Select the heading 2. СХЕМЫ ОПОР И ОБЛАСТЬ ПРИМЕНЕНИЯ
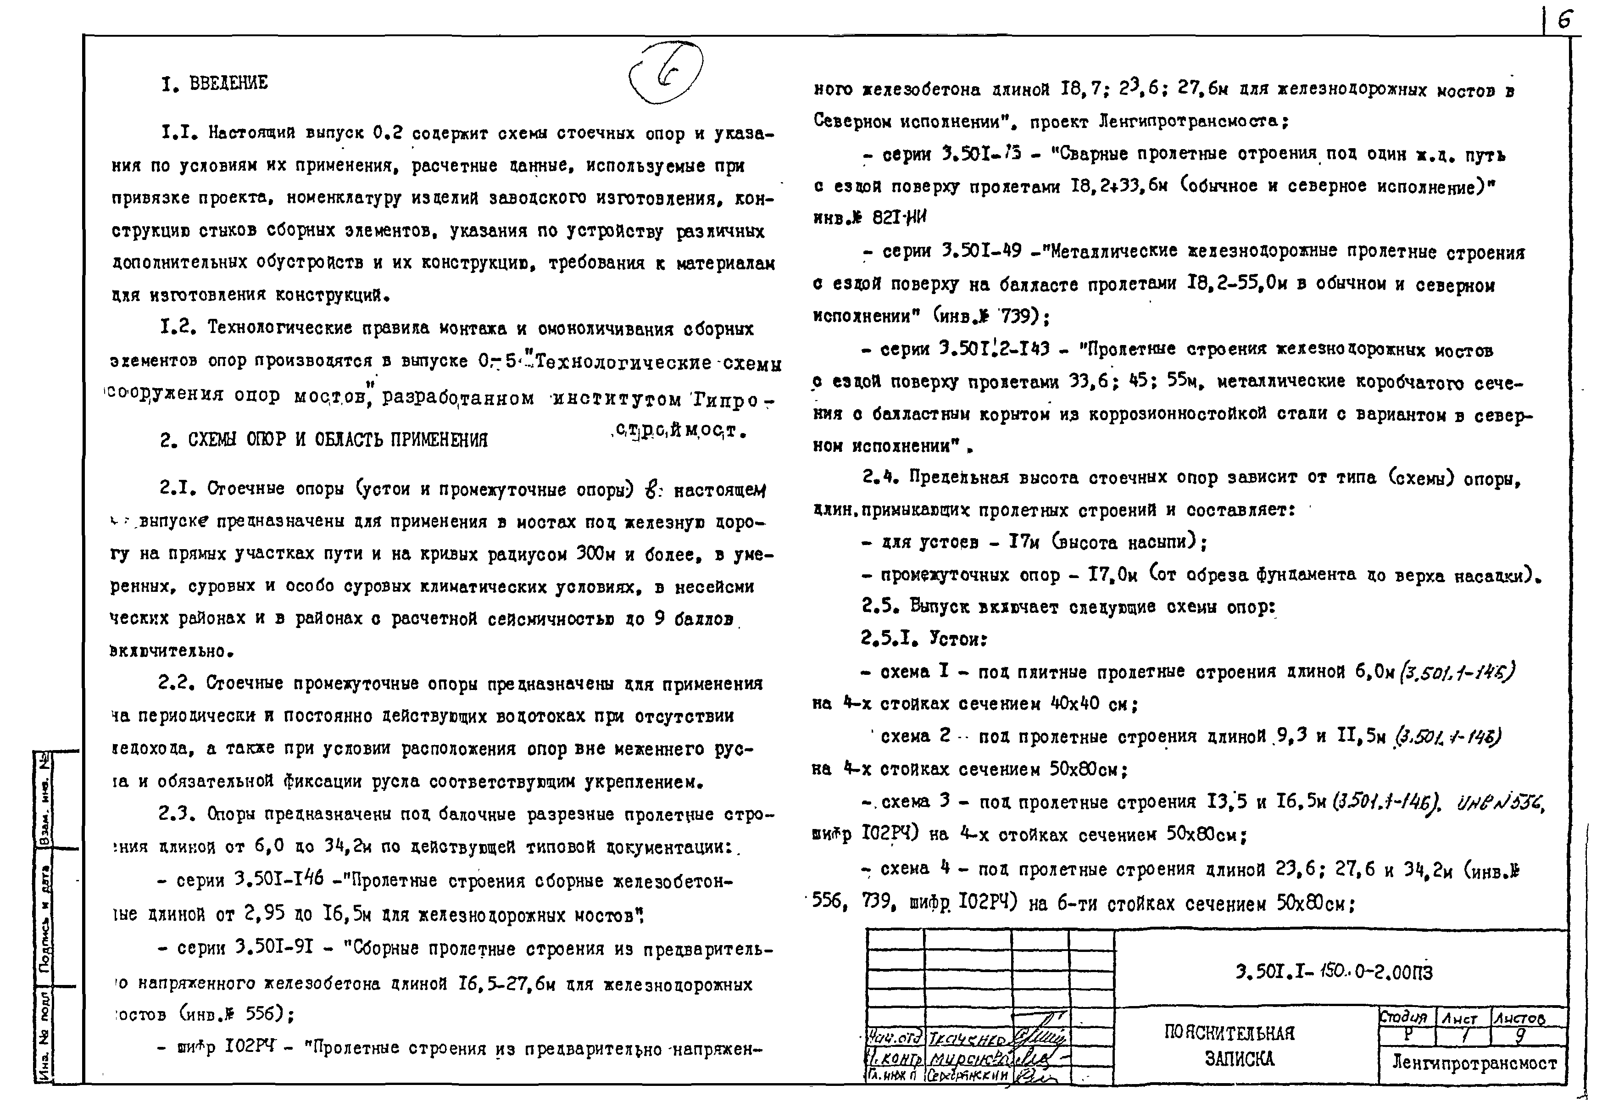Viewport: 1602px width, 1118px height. (x=324, y=439)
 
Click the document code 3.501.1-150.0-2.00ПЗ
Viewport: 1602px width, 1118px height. (x=1333, y=972)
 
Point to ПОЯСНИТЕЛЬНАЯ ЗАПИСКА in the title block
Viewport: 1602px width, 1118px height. (x=1229, y=1046)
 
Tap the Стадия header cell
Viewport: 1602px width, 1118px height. (x=1403, y=1018)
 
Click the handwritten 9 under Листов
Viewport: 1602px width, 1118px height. (x=1520, y=1035)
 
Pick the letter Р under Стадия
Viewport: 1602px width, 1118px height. (x=1407, y=1035)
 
